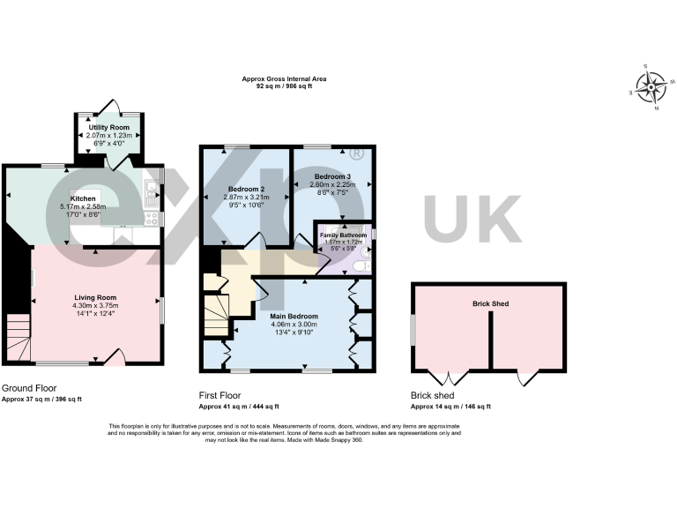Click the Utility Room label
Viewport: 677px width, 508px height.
[109, 128]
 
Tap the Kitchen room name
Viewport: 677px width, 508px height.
[82, 199]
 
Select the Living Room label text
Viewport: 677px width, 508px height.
[95, 297]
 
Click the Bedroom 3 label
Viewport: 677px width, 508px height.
[332, 176]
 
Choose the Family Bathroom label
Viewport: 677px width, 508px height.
[343, 235]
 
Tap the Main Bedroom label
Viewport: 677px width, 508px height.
[294, 316]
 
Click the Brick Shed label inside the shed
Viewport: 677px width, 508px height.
[489, 303]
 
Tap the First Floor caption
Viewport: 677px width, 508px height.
[219, 396]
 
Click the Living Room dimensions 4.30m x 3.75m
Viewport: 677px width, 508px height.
[95, 305]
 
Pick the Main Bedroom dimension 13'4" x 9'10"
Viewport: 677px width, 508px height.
[294, 332]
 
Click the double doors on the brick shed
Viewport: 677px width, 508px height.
[452, 377]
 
